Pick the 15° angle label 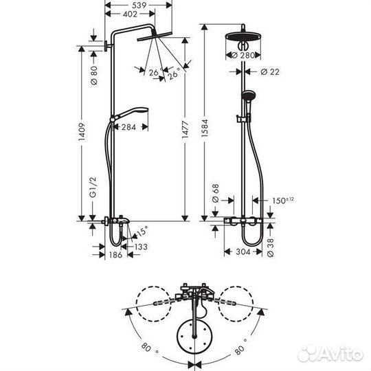[141, 231]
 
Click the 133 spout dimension [139, 247]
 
